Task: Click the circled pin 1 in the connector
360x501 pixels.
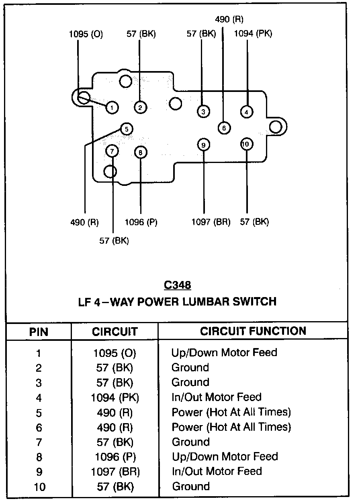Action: [x=112, y=107]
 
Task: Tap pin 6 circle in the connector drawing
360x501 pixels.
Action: [x=224, y=128]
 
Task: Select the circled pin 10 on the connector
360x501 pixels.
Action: [x=246, y=144]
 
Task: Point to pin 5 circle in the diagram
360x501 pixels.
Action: [x=126, y=129]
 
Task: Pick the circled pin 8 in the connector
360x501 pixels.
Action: [x=141, y=153]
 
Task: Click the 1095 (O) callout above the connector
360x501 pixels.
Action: [x=86, y=34]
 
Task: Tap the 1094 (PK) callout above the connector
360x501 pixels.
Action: [x=253, y=34]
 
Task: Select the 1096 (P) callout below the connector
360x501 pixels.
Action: [x=141, y=222]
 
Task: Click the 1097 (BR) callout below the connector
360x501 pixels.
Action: [x=211, y=222]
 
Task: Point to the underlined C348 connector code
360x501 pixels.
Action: [x=177, y=285]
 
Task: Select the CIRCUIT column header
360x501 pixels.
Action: [x=115, y=332]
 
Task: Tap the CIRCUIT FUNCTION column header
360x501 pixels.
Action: [x=253, y=331]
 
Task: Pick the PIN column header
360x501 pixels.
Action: [x=39, y=332]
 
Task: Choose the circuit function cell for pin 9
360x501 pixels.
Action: [x=217, y=471]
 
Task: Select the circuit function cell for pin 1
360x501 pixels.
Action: [x=224, y=353]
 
